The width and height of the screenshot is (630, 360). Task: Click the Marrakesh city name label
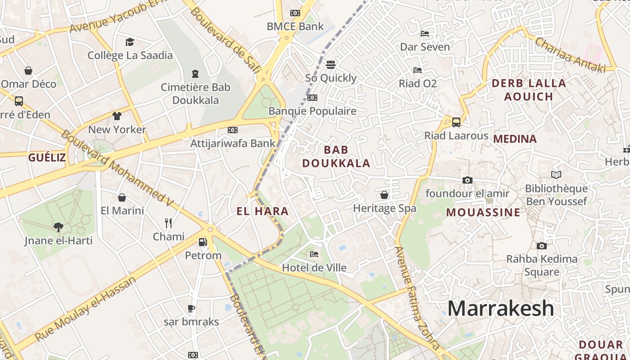(x=500, y=309)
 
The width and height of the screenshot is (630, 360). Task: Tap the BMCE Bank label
(x=295, y=26)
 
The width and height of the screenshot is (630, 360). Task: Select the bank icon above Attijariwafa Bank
(x=232, y=130)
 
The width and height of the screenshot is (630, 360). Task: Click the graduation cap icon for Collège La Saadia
(x=130, y=42)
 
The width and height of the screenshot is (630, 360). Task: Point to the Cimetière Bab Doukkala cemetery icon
(x=195, y=73)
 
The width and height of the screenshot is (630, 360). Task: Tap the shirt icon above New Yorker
(x=117, y=116)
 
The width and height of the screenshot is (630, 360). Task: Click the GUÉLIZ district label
(x=47, y=157)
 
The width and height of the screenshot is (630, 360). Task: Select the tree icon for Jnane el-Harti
(x=58, y=227)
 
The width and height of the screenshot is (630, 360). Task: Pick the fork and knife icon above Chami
(x=168, y=223)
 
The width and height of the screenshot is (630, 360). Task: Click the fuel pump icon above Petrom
(x=203, y=242)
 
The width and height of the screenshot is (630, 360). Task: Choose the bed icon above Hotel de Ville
(x=314, y=254)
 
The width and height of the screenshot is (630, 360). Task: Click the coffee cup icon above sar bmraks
(x=191, y=308)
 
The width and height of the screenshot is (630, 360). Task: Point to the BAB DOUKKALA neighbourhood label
(x=336, y=156)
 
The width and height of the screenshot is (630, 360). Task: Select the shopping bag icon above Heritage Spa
(x=384, y=195)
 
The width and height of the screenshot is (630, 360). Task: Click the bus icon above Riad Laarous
(x=456, y=122)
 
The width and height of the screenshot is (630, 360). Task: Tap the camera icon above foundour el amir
(x=468, y=180)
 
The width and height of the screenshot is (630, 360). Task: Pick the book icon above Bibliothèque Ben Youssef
(x=556, y=175)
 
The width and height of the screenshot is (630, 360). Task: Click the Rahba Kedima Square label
(x=542, y=265)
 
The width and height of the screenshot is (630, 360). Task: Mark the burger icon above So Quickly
(x=331, y=64)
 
